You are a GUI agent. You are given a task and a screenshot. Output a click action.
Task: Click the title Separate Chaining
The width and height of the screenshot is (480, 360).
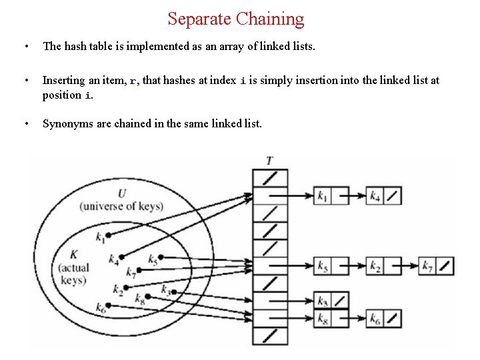coord(235,19)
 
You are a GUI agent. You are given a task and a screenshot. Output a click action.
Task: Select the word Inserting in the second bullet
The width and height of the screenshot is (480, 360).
coord(64,80)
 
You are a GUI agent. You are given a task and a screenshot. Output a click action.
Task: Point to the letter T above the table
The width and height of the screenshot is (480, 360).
coord(269,161)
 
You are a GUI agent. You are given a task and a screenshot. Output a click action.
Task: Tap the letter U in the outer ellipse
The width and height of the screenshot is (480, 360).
coord(121,193)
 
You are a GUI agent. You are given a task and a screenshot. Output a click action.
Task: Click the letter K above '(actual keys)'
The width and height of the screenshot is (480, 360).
coord(73,255)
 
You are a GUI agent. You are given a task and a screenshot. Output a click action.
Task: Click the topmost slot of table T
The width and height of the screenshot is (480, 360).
coord(270,178)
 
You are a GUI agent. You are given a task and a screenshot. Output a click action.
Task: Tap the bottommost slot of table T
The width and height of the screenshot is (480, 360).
coord(270,335)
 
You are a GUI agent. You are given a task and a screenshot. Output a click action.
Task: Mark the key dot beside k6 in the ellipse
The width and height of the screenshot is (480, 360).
coord(107,305)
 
